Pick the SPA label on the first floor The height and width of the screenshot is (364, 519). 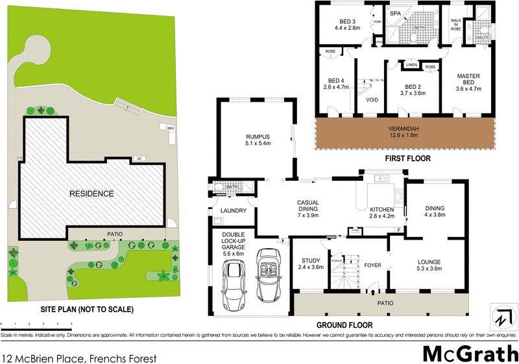[395, 13]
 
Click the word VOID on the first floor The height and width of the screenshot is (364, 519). [372, 100]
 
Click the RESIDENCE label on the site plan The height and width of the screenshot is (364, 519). [93, 194]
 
